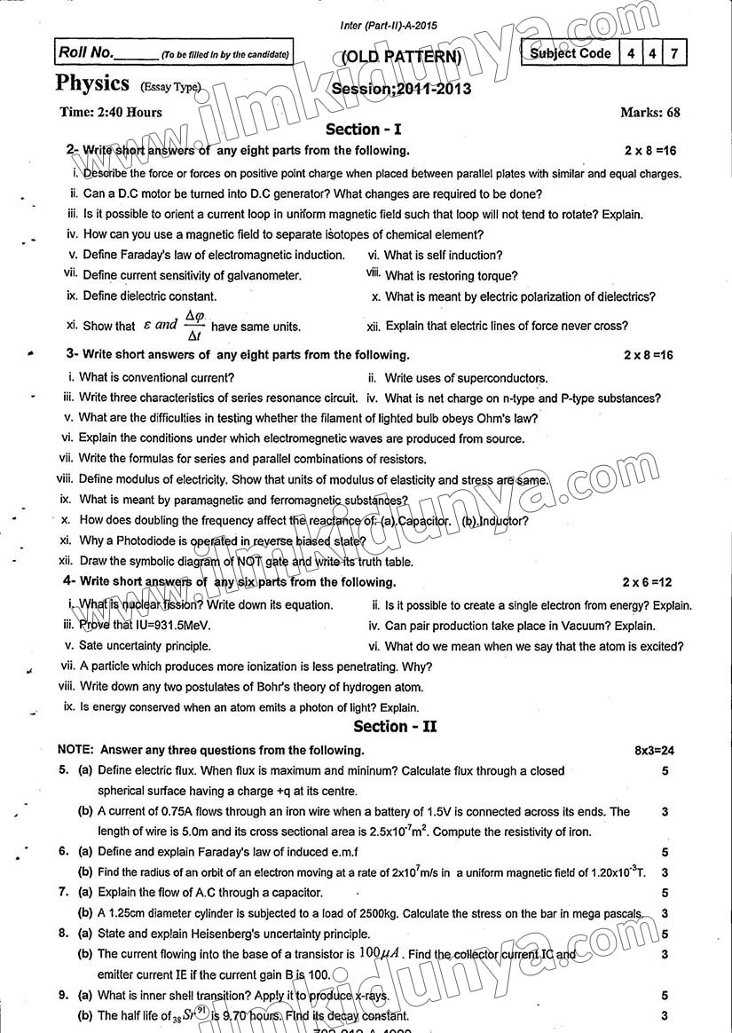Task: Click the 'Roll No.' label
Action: pyautogui.click(x=85, y=53)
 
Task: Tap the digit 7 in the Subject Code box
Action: pyautogui.click(x=675, y=53)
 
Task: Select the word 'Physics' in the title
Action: pyautogui.click(x=92, y=83)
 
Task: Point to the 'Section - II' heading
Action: pyautogui.click(x=396, y=727)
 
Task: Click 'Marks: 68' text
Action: pyautogui.click(x=650, y=112)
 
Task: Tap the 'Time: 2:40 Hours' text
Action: pyautogui.click(x=111, y=112)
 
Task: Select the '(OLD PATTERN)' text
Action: pyautogui.click(x=402, y=59)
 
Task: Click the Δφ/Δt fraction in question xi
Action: pyautogui.click(x=193, y=325)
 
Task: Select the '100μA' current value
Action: pyautogui.click(x=381, y=953)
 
